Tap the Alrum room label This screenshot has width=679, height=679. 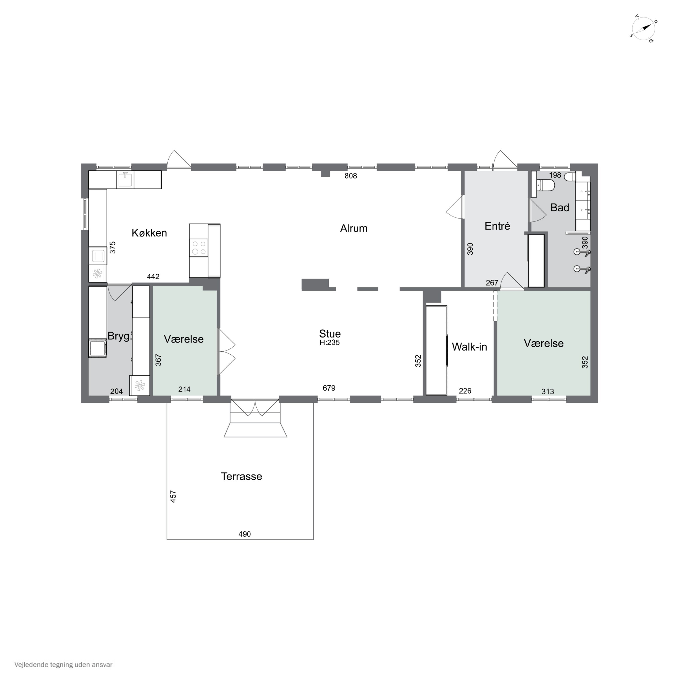point(354,228)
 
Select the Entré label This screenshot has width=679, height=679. point(497,226)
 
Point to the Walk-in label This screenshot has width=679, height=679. point(469,347)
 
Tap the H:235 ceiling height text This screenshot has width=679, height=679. point(329,343)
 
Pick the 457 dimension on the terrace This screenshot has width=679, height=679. point(173,496)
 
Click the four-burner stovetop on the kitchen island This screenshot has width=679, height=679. point(198,247)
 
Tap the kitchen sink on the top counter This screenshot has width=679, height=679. point(125,179)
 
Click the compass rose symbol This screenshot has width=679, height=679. point(643,29)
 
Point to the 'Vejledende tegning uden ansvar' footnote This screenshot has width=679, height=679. point(63,665)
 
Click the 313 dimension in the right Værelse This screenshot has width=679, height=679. point(548,392)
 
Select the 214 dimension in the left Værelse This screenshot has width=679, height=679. point(184,389)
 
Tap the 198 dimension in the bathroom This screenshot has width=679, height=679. point(555,175)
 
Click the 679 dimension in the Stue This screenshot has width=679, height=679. point(329,388)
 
